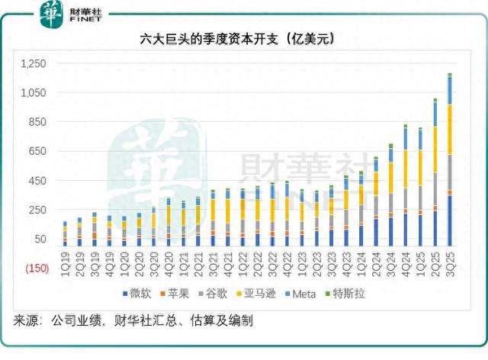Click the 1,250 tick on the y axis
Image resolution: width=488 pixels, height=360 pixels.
[34, 63]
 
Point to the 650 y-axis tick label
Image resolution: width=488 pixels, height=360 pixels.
[39, 151]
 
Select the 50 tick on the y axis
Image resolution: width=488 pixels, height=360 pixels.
[41, 239]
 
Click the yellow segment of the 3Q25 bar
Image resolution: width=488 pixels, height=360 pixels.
[450, 130]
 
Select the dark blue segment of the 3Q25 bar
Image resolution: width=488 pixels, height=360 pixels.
[450, 221]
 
